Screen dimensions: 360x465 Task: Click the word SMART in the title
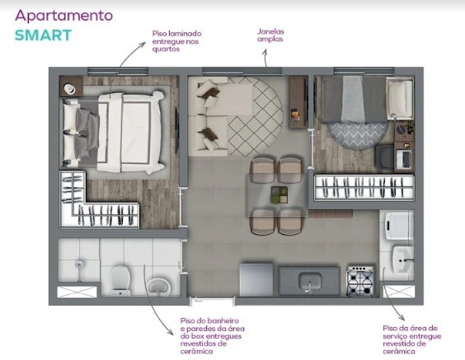43,35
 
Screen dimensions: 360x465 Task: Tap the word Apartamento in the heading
64,15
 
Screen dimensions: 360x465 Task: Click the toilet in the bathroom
120,278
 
